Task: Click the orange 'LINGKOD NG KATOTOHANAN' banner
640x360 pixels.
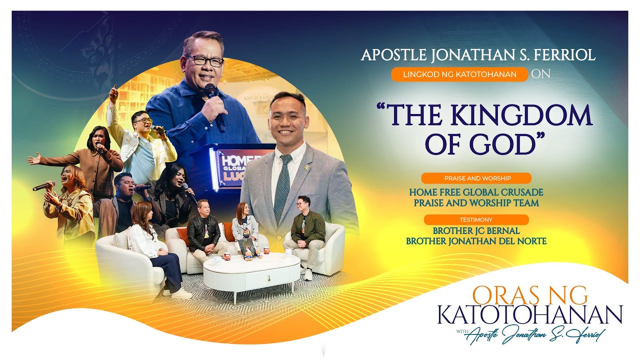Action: coord(459,74)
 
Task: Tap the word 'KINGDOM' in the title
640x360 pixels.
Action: coord(521,116)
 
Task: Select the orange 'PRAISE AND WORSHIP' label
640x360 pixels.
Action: coord(476,178)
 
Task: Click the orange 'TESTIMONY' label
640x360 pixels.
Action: coord(476,219)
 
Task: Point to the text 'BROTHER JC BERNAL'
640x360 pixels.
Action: coord(476,231)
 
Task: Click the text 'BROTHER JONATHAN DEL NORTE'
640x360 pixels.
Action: coord(476,241)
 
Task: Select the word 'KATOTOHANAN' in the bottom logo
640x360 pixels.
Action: coord(529,314)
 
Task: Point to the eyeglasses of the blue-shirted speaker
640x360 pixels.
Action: coord(204,60)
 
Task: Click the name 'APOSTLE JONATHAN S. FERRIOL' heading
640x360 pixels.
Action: coord(478,54)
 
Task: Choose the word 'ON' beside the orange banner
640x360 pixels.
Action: coord(540,74)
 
